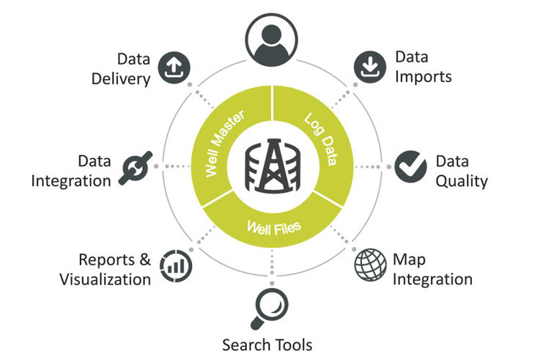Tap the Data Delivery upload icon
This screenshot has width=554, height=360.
(174, 67)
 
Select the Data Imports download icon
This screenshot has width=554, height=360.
(369, 67)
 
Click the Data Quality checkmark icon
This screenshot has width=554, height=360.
(410, 166)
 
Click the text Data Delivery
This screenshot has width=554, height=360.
(121, 67)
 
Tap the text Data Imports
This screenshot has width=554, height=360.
(424, 67)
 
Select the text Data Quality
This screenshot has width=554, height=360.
(461, 170)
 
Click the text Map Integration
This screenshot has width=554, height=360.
(432, 269)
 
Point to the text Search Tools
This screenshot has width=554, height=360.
(267, 345)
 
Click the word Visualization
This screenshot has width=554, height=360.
(105, 279)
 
